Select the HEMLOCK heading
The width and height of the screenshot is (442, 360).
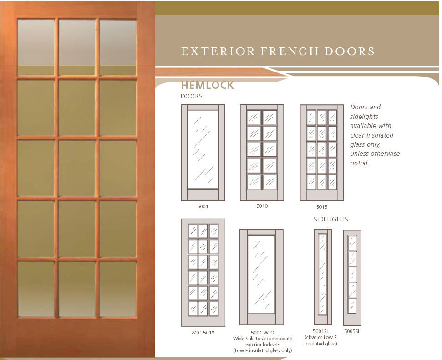pyautogui.click(x=208, y=85)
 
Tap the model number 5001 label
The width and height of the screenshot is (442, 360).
pyautogui.click(x=203, y=206)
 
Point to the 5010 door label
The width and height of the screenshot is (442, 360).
pyautogui.click(x=262, y=206)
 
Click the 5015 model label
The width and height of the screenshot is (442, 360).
pyautogui.click(x=321, y=207)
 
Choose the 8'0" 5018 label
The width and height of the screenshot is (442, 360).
pyautogui.click(x=203, y=333)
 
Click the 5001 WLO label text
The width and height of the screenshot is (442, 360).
pyautogui.click(x=262, y=333)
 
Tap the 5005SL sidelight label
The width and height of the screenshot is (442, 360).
pyautogui.click(x=352, y=331)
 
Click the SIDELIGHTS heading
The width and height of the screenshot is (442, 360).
pyautogui.click(x=331, y=219)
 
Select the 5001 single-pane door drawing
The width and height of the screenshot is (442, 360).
pyautogui.click(x=203, y=152)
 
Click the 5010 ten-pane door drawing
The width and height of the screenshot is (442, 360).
pyautogui.click(x=262, y=152)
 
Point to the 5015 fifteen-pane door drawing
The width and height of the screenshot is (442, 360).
pyautogui.click(x=321, y=152)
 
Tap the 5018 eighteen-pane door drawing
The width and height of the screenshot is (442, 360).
pyautogui.click(x=203, y=272)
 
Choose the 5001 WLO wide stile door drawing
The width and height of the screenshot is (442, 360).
pyautogui.click(x=261, y=277)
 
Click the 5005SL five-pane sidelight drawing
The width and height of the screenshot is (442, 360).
pyautogui.click(x=352, y=277)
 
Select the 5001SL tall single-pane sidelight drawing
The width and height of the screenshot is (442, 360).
pyautogui.click(x=322, y=277)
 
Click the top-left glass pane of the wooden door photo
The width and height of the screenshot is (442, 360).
pyautogui.click(x=36, y=47)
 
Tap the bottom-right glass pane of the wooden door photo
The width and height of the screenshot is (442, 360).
pyautogui.click(x=118, y=288)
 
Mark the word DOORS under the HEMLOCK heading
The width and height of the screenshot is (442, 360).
pyautogui.click(x=192, y=96)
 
